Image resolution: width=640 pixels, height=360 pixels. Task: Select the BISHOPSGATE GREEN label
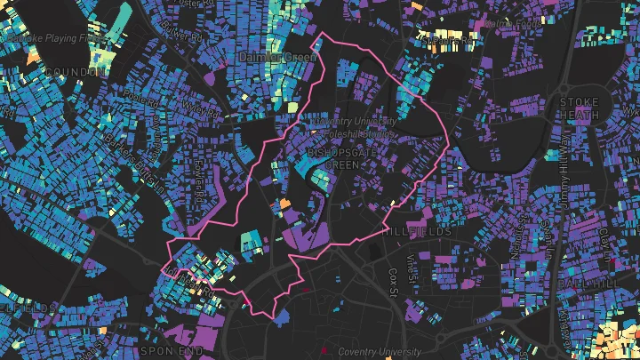[x=332, y=158]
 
